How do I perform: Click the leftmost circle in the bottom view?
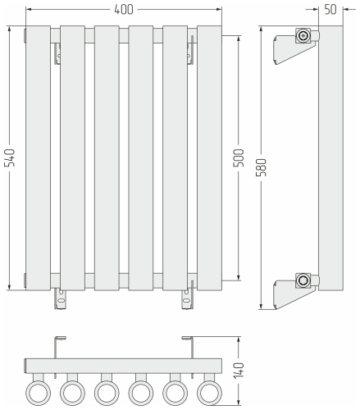point(37,391)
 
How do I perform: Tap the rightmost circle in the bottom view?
point(211,391)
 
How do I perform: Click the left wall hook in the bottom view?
point(59,345)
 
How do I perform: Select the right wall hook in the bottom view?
point(187,345)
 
